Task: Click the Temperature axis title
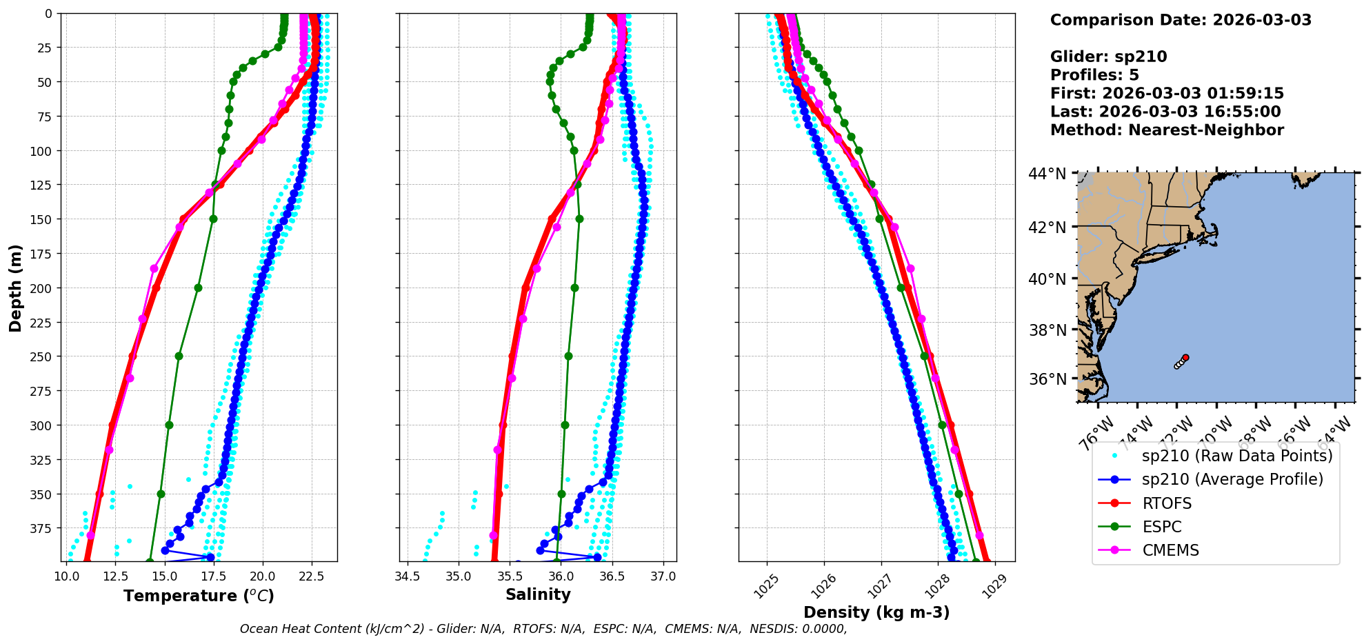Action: click(x=199, y=596)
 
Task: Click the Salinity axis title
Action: click(x=538, y=594)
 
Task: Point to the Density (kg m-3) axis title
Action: click(x=876, y=612)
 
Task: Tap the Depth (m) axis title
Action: click(x=15, y=288)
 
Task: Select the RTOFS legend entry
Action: click(x=1167, y=503)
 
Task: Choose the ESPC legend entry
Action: click(x=1161, y=527)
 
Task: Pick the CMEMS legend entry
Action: click(x=1170, y=550)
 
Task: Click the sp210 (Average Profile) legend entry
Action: click(x=1232, y=479)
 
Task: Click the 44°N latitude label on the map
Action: click(x=1047, y=174)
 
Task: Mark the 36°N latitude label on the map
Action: click(x=1047, y=379)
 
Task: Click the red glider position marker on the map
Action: click(x=1185, y=357)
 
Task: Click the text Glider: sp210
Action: click(x=1108, y=57)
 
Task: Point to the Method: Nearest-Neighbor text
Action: click(x=1167, y=130)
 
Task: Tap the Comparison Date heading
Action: click(x=1181, y=20)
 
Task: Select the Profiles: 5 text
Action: click(x=1094, y=75)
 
